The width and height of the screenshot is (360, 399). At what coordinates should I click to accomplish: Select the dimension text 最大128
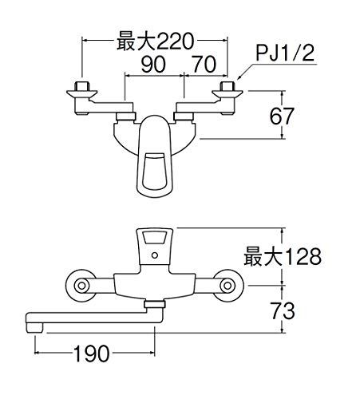tap(283, 255)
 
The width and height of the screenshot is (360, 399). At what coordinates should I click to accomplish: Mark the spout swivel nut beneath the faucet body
tap(155, 306)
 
